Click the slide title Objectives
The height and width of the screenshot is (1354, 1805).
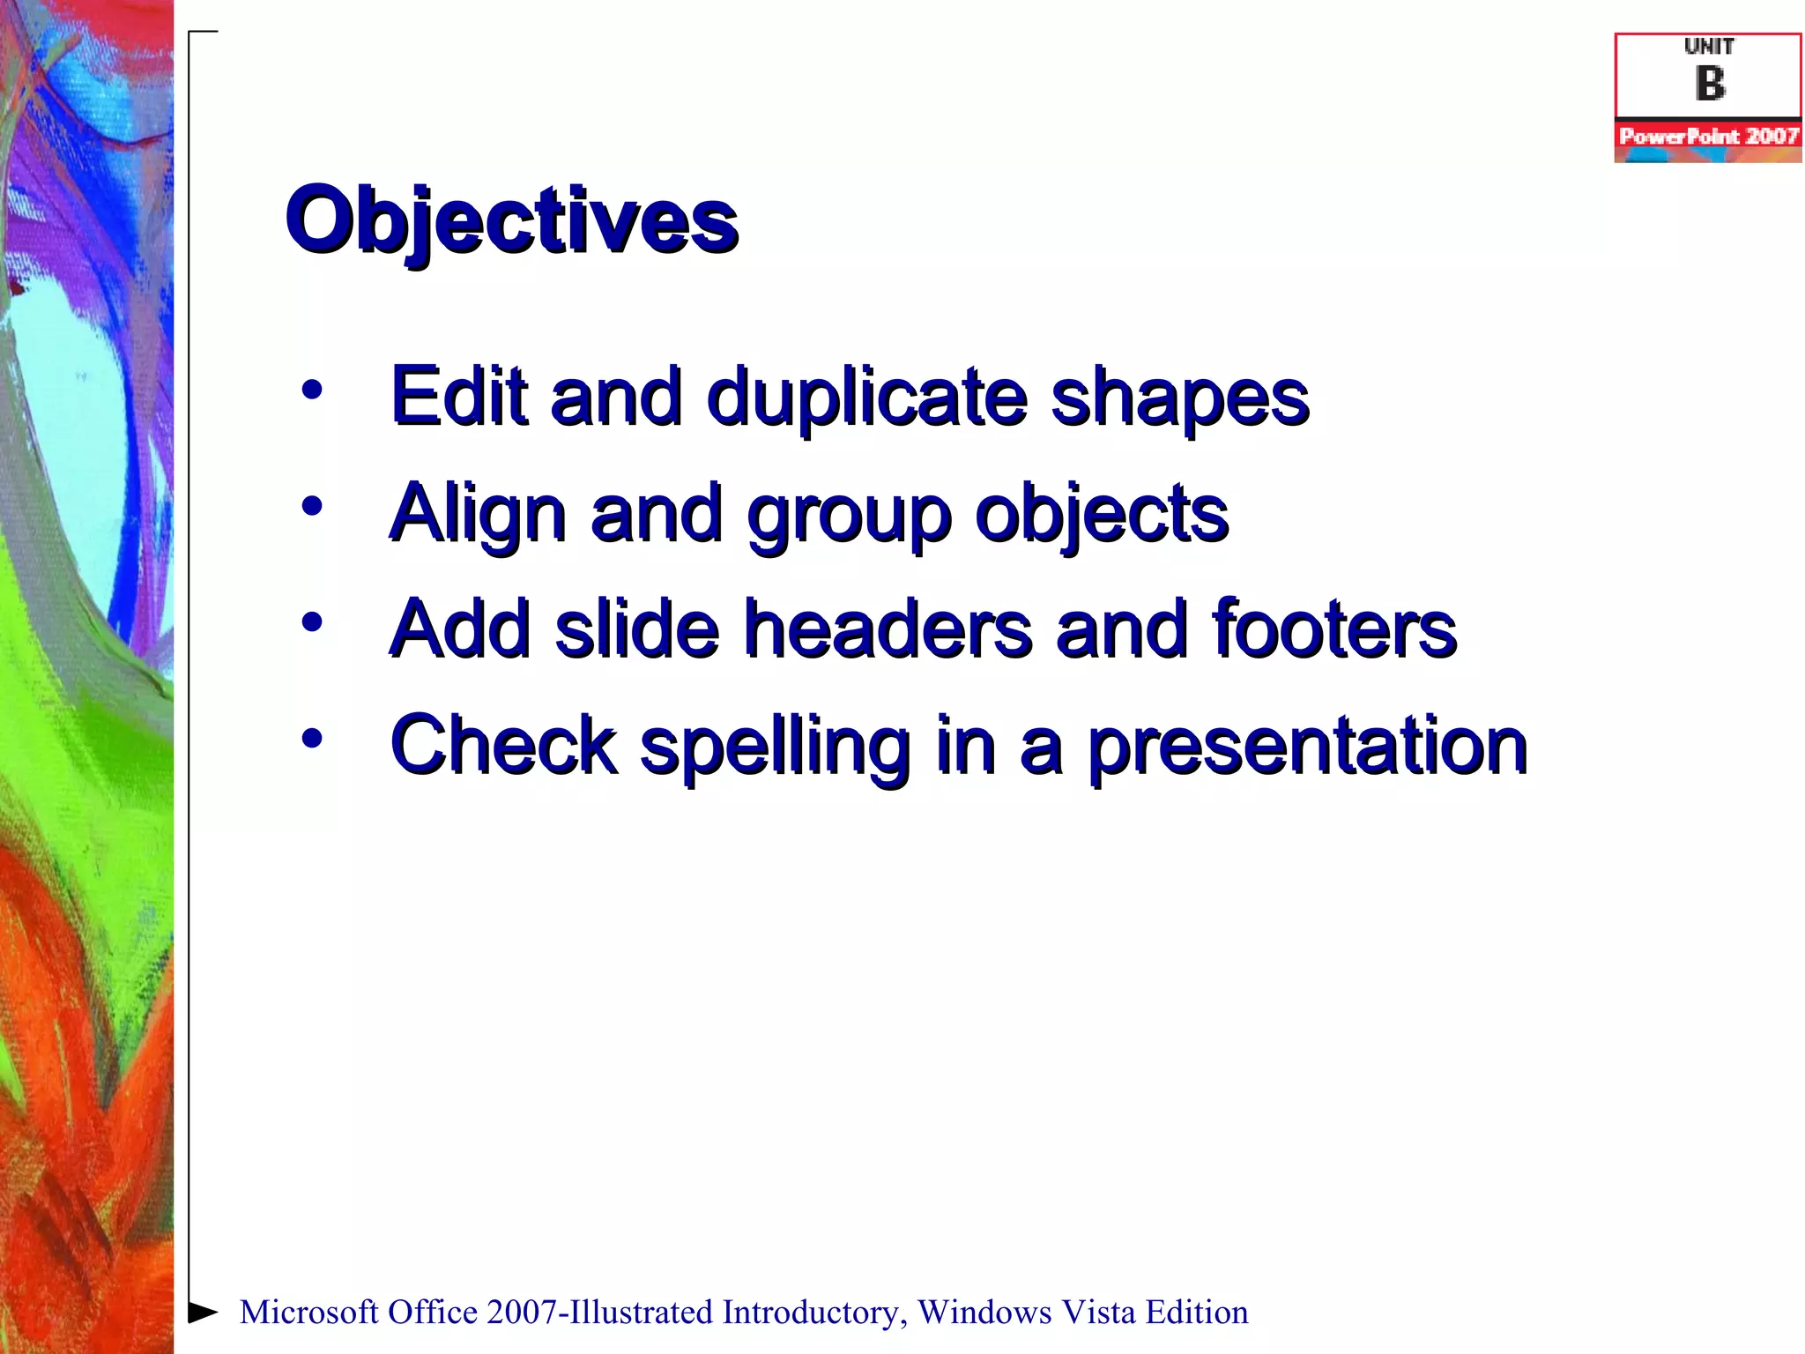pos(511,220)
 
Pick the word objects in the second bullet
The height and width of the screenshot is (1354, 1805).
pos(1101,515)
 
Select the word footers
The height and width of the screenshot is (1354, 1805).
pos(1334,629)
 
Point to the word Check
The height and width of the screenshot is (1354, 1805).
pos(503,746)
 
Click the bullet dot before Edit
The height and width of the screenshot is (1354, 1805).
pos(311,389)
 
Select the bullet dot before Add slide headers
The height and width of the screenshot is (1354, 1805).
pos(311,622)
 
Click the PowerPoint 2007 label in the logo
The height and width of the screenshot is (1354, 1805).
pos(1708,137)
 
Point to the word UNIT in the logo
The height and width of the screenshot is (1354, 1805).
pos(1709,47)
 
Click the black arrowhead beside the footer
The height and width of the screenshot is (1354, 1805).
pos(202,1312)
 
